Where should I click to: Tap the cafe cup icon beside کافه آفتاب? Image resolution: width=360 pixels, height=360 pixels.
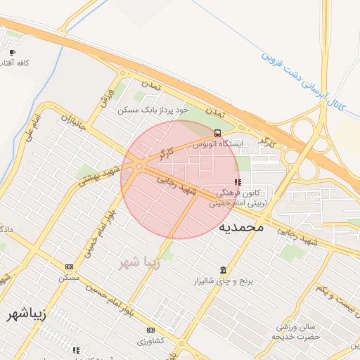(12, 52)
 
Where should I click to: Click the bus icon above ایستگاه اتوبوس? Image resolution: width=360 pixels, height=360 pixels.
(217, 133)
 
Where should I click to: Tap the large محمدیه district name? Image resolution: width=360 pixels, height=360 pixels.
(240, 227)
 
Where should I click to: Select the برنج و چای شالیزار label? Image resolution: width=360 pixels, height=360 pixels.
(223, 281)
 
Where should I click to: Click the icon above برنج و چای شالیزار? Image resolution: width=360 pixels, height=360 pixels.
(223, 271)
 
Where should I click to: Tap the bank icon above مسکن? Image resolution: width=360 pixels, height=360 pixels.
(69, 266)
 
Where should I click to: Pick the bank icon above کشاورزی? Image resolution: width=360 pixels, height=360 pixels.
(150, 330)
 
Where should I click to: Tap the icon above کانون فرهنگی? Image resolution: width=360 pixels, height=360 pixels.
(236, 182)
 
